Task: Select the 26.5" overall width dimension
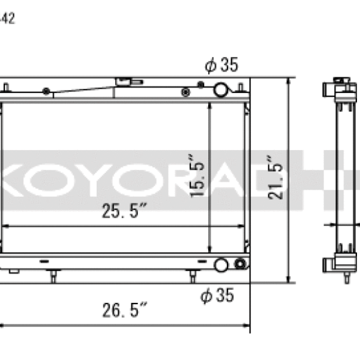[x=125, y=310]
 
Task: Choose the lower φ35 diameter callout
[x=217, y=295]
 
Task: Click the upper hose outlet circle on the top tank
[x=221, y=90]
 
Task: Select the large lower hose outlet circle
[x=221, y=264]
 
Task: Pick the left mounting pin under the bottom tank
[x=54, y=276]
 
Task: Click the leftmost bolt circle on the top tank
[x=46, y=91]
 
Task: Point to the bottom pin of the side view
[x=346, y=278]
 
